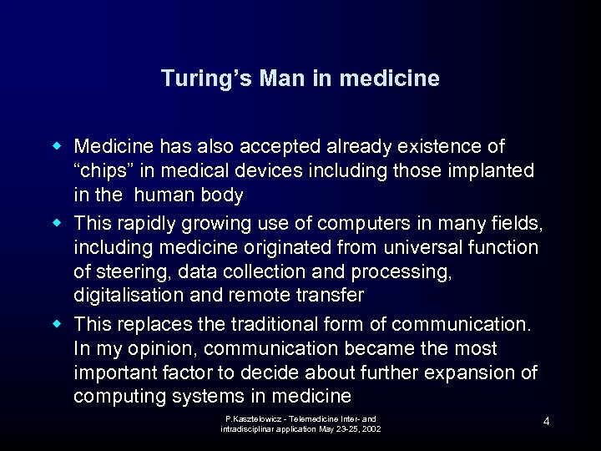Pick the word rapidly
click(146, 223)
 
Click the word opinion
click(156, 348)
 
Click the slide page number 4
click(546, 421)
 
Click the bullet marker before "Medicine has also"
click(59, 147)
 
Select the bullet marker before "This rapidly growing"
click(59, 223)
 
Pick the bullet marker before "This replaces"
click(59, 323)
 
